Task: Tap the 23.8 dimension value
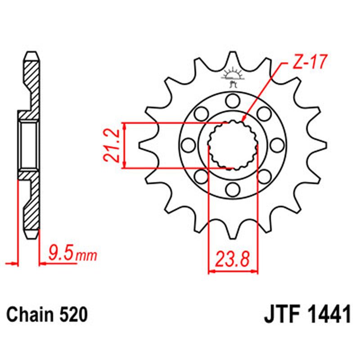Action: tap(233, 260)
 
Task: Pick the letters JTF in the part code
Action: tap(280, 315)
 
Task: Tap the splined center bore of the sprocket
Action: tap(232, 145)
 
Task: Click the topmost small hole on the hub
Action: tap(232, 99)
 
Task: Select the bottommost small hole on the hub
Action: tap(232, 190)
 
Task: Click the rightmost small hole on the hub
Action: tap(278, 145)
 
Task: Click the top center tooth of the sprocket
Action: tap(232, 58)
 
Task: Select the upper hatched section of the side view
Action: tap(31, 81)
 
